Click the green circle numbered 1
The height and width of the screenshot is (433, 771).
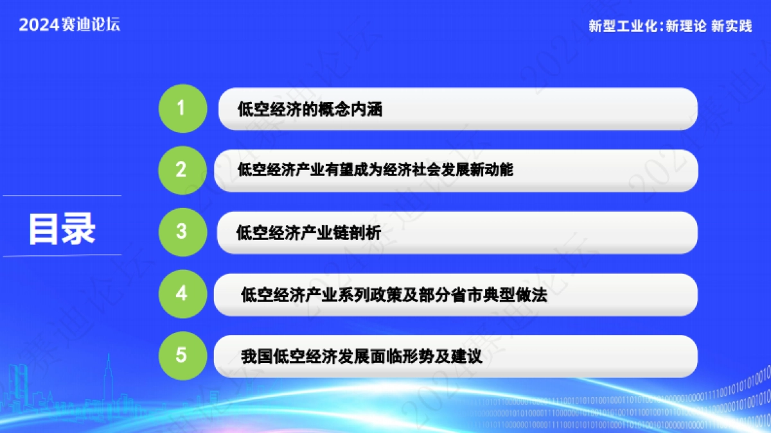pyautogui.click(x=181, y=108)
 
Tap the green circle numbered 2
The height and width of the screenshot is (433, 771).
pyautogui.click(x=181, y=170)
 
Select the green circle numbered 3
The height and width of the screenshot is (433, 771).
pyautogui.click(x=181, y=232)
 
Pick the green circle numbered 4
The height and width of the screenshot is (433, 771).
pyautogui.click(x=181, y=294)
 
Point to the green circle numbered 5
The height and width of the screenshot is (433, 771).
pyautogui.click(x=181, y=355)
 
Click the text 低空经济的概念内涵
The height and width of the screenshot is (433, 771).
pyautogui.click(x=310, y=110)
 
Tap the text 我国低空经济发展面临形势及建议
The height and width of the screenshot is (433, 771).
pyautogui.click(x=361, y=356)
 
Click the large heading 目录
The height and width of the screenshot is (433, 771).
pyautogui.click(x=62, y=228)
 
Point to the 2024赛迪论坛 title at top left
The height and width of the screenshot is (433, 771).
pyautogui.click(x=69, y=25)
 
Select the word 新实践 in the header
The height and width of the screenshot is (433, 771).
pyautogui.click(x=732, y=26)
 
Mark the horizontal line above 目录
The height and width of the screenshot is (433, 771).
pyautogui.click(x=62, y=196)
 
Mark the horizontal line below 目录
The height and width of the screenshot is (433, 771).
pyautogui.click(x=62, y=256)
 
